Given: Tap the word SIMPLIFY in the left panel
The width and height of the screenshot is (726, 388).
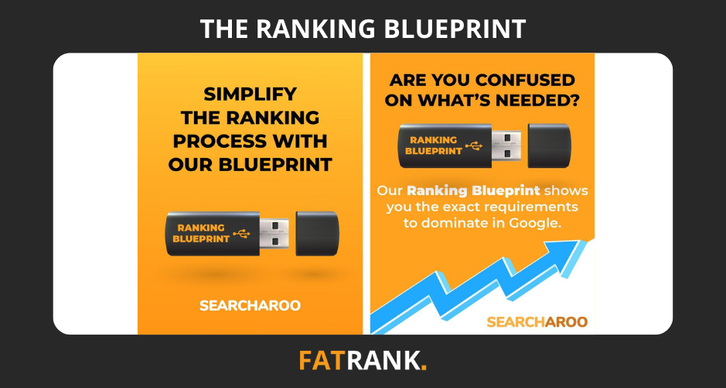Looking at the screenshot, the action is (250, 94).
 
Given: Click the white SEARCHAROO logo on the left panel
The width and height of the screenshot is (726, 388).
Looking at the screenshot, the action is (250, 305).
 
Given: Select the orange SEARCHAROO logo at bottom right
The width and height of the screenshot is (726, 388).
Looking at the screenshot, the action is (537, 321).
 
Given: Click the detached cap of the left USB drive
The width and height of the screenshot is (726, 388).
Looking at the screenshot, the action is (317, 234).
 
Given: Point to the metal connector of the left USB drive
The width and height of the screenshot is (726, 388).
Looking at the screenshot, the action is (274, 234).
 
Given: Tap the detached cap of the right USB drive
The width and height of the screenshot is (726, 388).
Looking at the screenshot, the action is (550, 146).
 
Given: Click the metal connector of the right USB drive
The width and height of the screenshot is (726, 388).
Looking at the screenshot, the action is (506, 146).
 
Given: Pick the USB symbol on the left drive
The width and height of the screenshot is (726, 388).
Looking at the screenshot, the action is (241, 234).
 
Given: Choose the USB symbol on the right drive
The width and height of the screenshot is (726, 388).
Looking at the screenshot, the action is (474, 146).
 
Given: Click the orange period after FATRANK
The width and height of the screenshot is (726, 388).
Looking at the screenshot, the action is (424, 368).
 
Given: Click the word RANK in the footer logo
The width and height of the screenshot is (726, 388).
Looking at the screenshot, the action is (382, 361).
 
